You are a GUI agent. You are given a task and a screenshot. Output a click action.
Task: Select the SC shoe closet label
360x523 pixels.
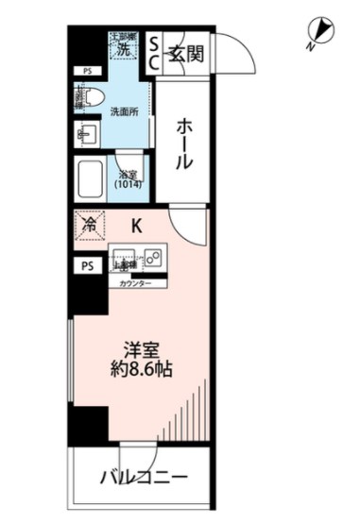click(x=156, y=54)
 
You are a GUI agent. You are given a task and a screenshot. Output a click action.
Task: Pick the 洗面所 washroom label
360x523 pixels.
click(x=124, y=111)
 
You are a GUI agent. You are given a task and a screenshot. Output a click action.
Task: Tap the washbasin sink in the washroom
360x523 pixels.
click(x=86, y=134)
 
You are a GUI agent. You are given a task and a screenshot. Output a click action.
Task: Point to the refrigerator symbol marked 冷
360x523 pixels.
click(x=90, y=226)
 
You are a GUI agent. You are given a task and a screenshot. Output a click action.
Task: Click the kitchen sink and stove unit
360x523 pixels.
click(x=138, y=258)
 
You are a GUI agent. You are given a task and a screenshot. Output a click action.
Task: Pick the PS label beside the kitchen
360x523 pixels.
click(x=88, y=266)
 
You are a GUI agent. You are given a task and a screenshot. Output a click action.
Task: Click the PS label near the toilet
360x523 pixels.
click(x=88, y=71)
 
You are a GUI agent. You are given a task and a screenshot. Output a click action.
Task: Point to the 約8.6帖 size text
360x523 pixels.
click(x=138, y=369)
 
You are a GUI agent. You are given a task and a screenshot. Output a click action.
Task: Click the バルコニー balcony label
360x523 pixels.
click(x=144, y=477)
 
